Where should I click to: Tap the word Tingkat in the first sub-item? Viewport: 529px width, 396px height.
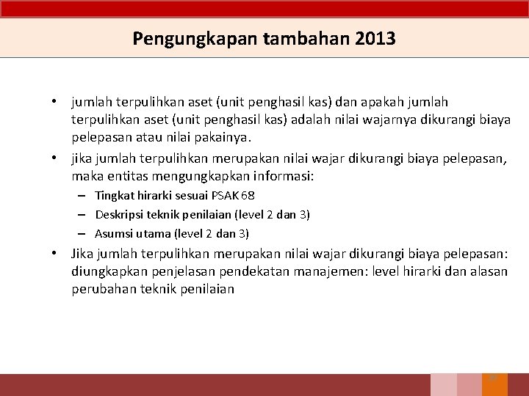pyautogui.click(x=114, y=196)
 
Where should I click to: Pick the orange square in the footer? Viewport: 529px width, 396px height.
pyautogui.click(x=494, y=384)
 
